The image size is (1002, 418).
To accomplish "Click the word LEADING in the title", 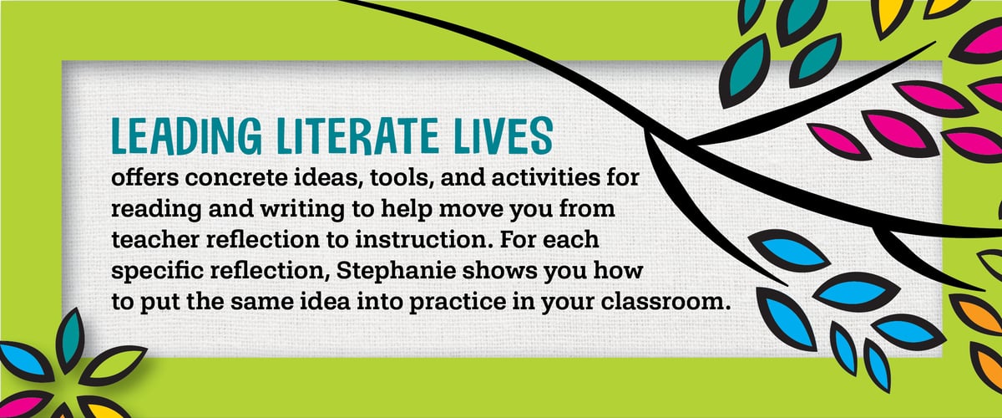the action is tap(186, 135).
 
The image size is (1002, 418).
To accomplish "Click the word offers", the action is tap(144, 177).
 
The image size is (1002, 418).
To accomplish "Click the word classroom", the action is tap(662, 301).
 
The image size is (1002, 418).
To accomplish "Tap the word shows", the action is tap(499, 270).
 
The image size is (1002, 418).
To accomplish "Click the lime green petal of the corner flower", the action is tap(114, 364).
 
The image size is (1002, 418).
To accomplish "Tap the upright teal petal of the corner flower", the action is tap(69, 339).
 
